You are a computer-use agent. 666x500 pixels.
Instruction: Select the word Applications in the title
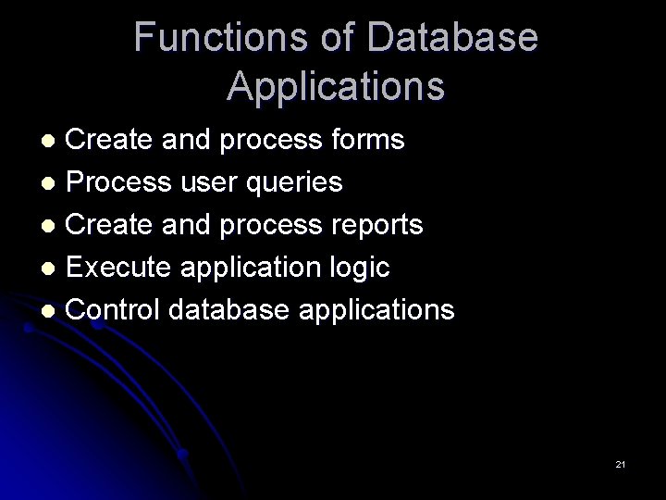click(x=336, y=86)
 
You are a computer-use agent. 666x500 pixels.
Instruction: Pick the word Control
click(x=115, y=309)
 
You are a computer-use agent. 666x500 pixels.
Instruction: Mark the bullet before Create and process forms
click(x=54, y=141)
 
